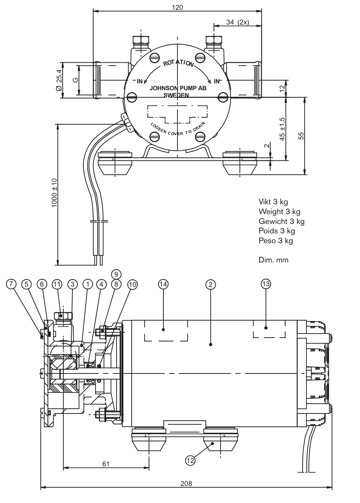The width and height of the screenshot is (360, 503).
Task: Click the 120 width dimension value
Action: tap(177, 7)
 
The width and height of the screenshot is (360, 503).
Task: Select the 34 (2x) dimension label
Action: tap(237, 22)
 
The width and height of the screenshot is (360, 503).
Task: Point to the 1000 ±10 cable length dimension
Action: tap(54, 193)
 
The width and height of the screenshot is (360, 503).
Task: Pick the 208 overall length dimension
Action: tap(186, 483)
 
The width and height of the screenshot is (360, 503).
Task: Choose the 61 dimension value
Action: tap(106, 464)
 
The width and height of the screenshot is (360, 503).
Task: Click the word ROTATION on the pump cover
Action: tap(178, 63)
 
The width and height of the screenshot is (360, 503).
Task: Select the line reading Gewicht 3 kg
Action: tap(281, 221)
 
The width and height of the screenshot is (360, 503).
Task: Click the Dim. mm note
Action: tap(273, 260)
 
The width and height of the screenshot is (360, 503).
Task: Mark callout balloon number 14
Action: tap(163, 284)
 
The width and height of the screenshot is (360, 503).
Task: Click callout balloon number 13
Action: tap(266, 284)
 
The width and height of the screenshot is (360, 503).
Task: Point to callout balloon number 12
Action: tap(190, 460)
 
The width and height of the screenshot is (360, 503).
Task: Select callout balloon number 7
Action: tap(11, 284)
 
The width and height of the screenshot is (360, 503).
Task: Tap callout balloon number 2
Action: tap(211, 284)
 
